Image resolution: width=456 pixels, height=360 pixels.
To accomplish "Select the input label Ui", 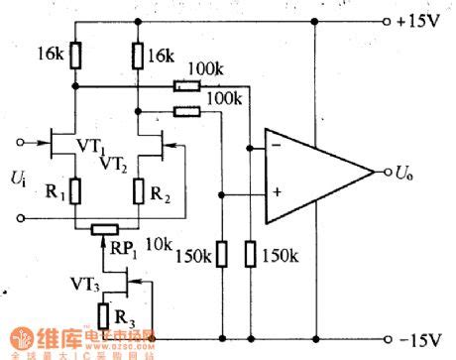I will [17, 179].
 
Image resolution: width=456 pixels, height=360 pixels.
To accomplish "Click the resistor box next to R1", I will [74, 188].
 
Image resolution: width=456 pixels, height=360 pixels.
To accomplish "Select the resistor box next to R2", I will [140, 188].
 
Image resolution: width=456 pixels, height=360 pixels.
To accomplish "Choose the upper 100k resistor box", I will [185, 85].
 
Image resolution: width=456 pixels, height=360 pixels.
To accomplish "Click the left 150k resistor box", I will [220, 254].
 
